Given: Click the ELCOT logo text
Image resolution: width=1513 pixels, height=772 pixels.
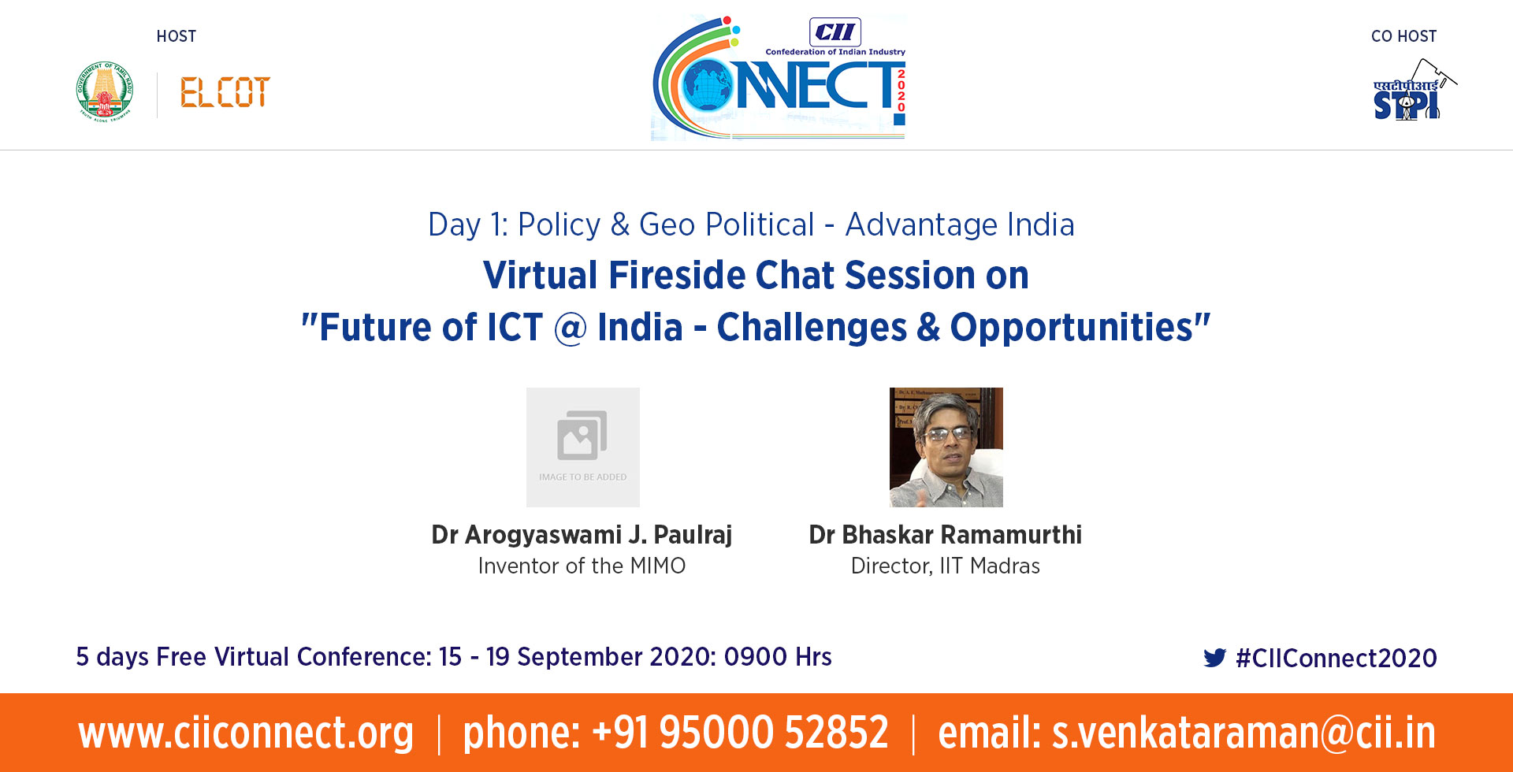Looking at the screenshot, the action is coord(225,92).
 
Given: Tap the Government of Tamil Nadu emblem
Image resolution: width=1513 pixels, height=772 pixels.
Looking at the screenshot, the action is coord(105,91).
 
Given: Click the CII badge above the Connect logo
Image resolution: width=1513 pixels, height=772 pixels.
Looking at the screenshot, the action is coord(835,32).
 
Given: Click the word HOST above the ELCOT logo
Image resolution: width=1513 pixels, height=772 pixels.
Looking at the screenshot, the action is coord(177,36).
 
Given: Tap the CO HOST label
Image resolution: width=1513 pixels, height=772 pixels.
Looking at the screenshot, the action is coord(1404,36).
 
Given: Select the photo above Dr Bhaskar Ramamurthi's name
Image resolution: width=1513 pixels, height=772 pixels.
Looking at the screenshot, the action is coord(946,447).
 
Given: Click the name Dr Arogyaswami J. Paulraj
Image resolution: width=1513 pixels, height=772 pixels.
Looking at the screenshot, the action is coord(582,535).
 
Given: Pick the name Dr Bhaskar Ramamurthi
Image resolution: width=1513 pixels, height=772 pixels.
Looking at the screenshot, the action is coord(946,535).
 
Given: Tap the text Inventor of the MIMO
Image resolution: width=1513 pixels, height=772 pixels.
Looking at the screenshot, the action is coord(582,566).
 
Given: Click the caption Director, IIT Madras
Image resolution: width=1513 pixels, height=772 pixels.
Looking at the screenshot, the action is coord(946,566).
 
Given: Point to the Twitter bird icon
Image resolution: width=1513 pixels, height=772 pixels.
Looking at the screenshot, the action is coord(1215,658).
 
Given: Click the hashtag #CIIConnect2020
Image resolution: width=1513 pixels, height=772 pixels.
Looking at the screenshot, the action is coord(1336,658).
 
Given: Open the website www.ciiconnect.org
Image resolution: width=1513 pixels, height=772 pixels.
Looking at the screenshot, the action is coord(246,733).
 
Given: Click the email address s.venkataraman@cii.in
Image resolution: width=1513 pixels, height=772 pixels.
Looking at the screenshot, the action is coord(1244,733).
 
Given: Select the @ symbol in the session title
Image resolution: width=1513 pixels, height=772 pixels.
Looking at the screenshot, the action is coord(571,328).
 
